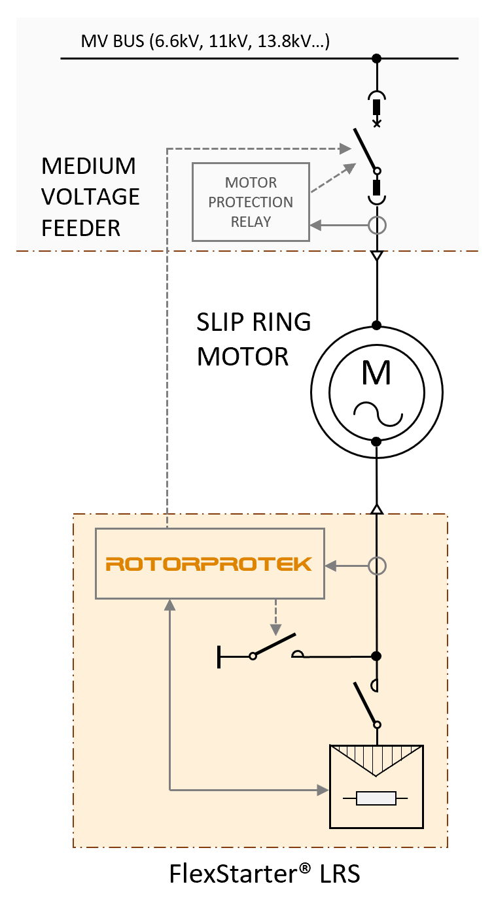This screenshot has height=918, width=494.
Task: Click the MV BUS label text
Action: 205,41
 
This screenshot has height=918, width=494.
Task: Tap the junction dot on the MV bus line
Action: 376,59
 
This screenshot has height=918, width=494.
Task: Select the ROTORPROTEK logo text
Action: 209,564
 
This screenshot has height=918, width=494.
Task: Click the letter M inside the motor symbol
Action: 376,373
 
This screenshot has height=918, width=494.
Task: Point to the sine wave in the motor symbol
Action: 378,414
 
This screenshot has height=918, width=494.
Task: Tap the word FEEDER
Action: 80,228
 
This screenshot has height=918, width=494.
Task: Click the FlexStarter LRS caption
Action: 265,874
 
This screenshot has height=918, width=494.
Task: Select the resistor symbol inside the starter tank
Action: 376,798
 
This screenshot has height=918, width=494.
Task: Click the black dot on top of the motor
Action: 376,326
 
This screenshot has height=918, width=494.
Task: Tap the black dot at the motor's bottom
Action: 376,441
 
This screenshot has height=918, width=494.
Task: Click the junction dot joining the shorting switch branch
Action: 376,656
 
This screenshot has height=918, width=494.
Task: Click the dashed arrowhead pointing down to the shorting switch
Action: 275,630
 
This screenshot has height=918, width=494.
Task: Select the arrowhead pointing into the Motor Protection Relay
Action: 315,225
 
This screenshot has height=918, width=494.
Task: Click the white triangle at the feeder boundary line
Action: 377,256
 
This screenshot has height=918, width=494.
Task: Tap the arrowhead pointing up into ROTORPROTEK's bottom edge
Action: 169,605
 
